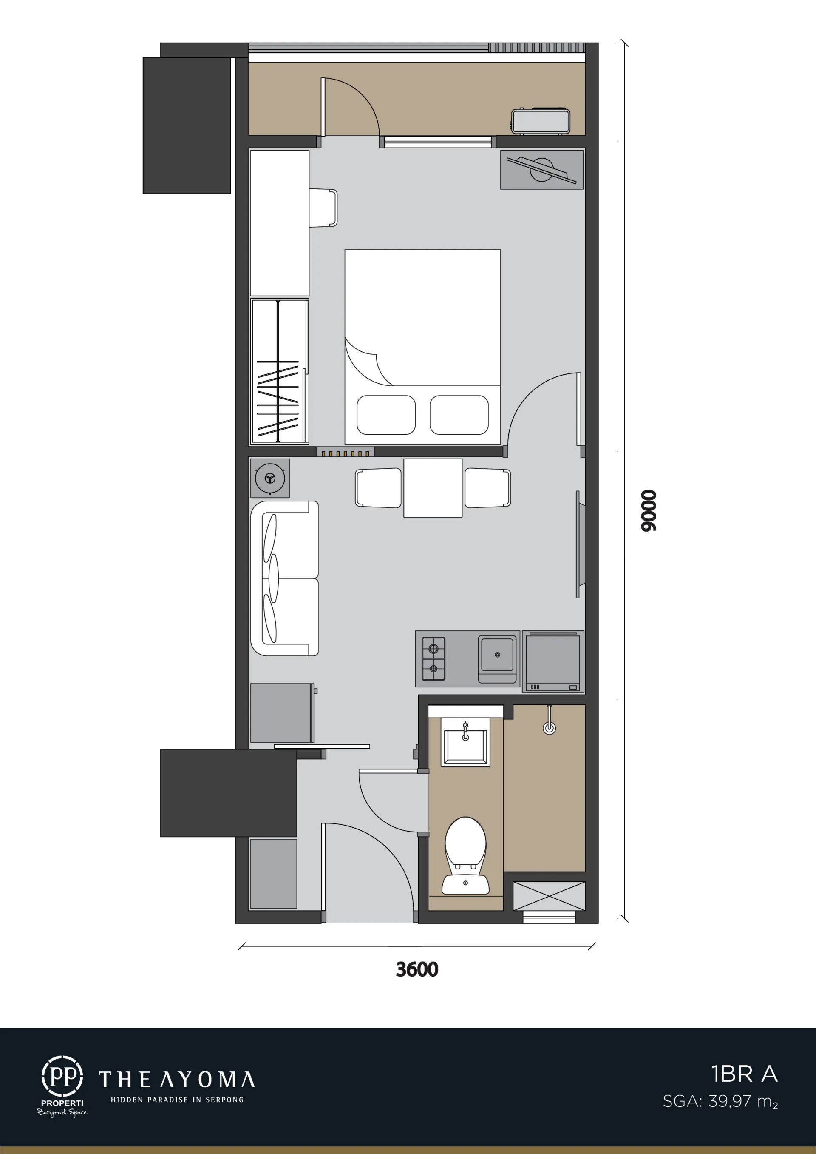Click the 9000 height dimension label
pyautogui.click(x=649, y=510)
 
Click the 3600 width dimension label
pyautogui.click(x=417, y=969)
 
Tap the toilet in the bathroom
pyautogui.click(x=466, y=855)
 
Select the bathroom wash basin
pyautogui.click(x=465, y=742)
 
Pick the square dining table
pyautogui.click(x=433, y=488)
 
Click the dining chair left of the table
pyautogui.click(x=378, y=488)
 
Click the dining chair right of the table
pyautogui.click(x=488, y=488)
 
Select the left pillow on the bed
pyautogui.click(x=386, y=415)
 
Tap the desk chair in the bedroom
pyautogui.click(x=323, y=208)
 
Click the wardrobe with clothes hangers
pyautogui.click(x=279, y=371)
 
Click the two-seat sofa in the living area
pyautogui.click(x=284, y=578)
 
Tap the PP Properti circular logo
pyautogui.click(x=62, y=1077)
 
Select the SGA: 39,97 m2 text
pyautogui.click(x=720, y=1102)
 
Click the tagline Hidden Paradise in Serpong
pyautogui.click(x=177, y=1100)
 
